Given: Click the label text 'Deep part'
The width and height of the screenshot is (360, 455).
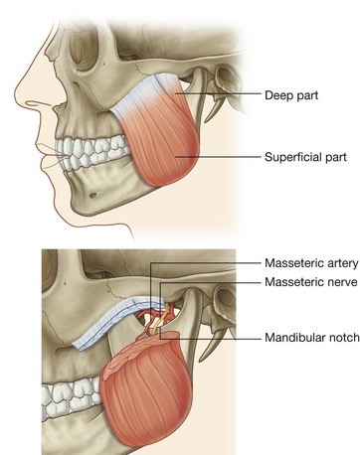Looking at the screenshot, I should click(293, 96).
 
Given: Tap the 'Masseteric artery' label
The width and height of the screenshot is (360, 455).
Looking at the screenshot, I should click(308, 264).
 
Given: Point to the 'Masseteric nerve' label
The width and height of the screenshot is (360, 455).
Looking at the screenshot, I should click(307, 283).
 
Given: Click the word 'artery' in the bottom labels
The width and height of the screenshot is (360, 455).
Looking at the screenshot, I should click(336, 264).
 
